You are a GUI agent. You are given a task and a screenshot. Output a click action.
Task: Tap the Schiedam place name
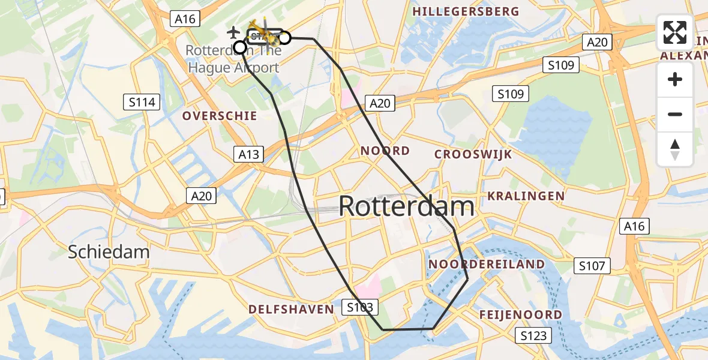(x=109, y=251)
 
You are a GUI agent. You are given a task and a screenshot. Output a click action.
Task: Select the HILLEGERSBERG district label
(x=466, y=11)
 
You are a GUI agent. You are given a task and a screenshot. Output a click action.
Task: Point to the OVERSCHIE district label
(x=220, y=116)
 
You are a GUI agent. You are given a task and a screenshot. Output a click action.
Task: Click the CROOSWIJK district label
(x=473, y=154)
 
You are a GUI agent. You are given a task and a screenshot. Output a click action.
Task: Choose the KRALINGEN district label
(x=526, y=196)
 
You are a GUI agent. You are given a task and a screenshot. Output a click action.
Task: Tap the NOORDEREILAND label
(x=487, y=265)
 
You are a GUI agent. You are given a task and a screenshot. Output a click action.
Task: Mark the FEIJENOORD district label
(x=521, y=315)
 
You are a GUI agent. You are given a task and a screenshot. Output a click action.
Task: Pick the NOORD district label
(x=385, y=151)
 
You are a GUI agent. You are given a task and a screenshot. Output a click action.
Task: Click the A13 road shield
(x=248, y=155)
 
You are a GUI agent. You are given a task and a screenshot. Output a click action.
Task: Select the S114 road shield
(x=142, y=103)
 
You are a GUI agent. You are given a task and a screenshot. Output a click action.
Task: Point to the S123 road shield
(x=533, y=336)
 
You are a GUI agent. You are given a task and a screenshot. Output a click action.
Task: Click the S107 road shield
(x=592, y=266)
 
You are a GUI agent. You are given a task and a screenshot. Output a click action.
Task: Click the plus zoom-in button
(x=675, y=80)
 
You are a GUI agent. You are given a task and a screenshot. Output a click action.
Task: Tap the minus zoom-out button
(x=675, y=115)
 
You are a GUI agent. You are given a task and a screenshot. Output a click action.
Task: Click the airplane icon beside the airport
(x=235, y=31)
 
